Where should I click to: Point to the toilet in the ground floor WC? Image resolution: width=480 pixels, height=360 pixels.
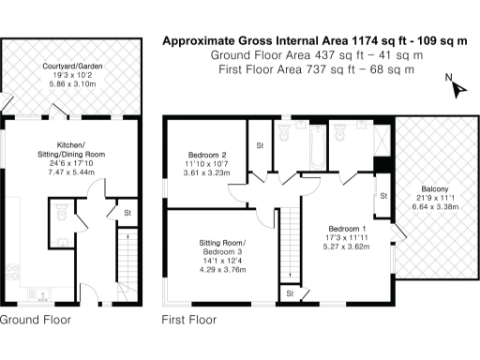click(x=62, y=218)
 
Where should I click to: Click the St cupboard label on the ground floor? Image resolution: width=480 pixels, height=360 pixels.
click(x=127, y=214)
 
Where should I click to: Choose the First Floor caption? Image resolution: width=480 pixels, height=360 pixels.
click(x=188, y=320)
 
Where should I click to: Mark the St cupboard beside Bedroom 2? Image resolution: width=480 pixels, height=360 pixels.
click(x=259, y=146)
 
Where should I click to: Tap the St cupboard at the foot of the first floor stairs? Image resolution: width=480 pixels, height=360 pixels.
click(x=290, y=293)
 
